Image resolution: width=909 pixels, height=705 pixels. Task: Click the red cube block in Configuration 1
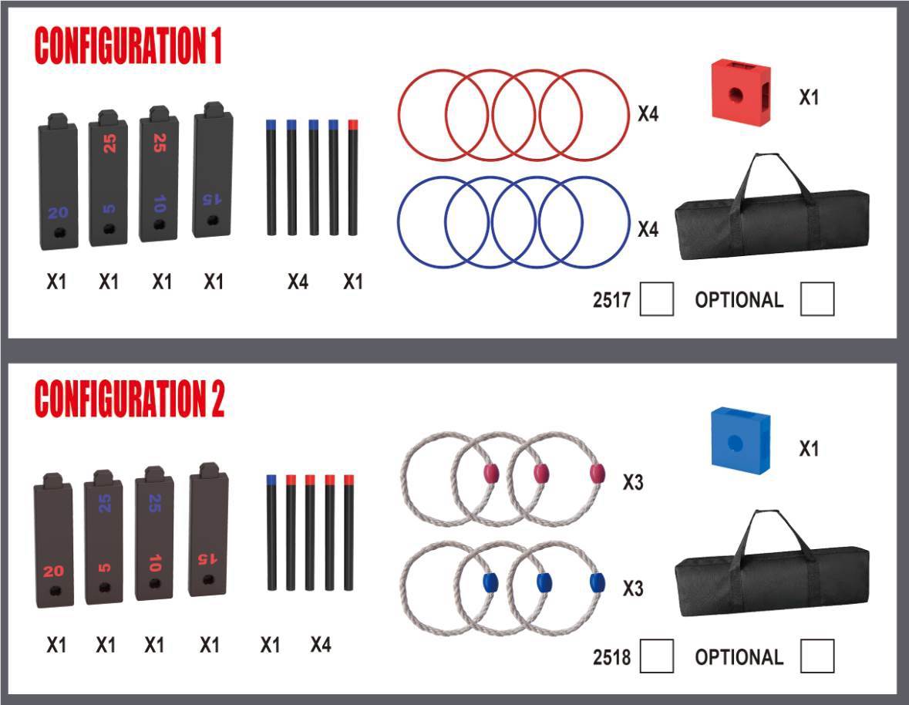(x=742, y=90)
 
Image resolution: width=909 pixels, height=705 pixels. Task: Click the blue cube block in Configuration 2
(x=741, y=439)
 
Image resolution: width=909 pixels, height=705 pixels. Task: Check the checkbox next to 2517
(x=657, y=299)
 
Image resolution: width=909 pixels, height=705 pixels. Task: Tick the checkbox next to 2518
(x=657, y=656)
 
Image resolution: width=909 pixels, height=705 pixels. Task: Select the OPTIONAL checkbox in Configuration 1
(x=817, y=299)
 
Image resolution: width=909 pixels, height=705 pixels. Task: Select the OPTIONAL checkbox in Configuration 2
(x=817, y=656)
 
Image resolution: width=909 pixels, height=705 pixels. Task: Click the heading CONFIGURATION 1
(x=128, y=46)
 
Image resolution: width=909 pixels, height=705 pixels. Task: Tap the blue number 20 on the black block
(x=58, y=213)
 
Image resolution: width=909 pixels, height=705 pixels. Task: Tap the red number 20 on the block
(x=53, y=571)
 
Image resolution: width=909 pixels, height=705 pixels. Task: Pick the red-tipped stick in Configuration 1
(x=352, y=177)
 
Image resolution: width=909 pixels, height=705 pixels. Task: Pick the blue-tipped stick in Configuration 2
(x=271, y=533)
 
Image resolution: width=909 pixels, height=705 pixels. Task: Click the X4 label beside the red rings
(x=648, y=113)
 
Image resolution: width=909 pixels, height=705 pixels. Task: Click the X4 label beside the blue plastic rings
(x=648, y=230)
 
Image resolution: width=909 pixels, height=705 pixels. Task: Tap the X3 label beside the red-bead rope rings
(x=633, y=482)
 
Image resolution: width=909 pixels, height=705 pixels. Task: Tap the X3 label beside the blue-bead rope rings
(x=633, y=589)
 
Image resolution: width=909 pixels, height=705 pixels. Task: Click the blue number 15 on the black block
(x=211, y=200)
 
